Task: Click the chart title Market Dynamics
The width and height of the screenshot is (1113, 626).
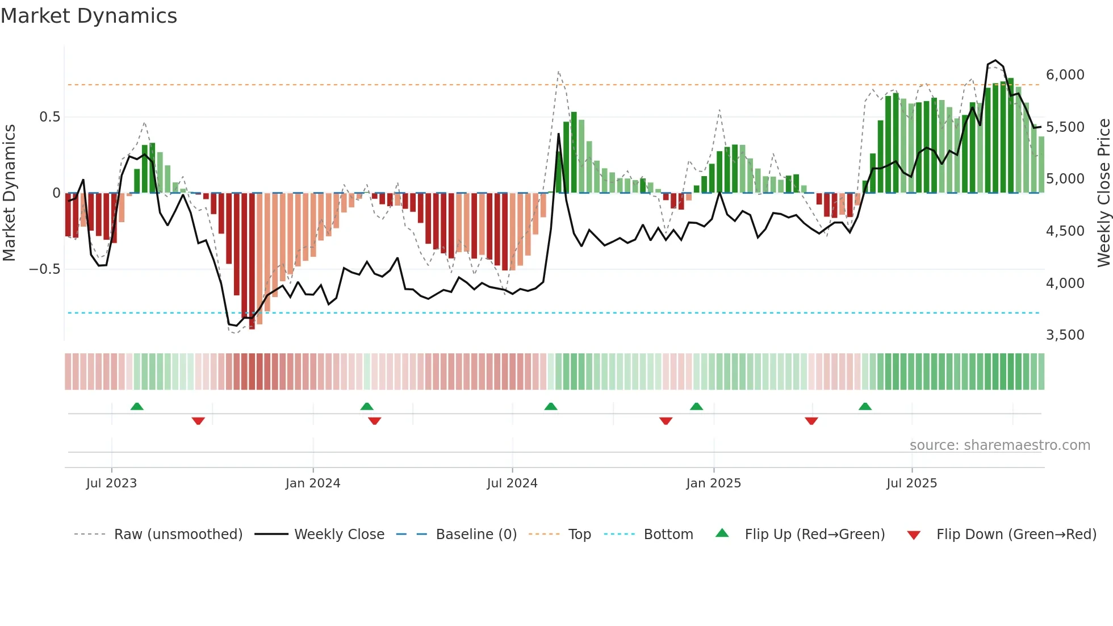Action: coord(89,16)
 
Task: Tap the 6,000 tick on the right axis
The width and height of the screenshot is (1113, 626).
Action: coord(1065,75)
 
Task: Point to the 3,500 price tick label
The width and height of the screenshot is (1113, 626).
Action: coord(1065,335)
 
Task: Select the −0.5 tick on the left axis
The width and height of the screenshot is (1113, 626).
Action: coord(45,269)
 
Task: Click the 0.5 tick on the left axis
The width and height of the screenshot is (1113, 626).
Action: coord(49,117)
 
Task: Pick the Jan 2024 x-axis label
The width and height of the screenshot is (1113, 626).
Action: coord(313,483)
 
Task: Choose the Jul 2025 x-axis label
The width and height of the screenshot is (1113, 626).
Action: coord(911,483)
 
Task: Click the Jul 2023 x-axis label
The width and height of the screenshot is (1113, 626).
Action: coord(111,483)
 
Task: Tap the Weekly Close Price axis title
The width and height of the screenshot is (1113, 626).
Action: coord(1103,193)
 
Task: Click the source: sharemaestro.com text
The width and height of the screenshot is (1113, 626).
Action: coord(999,445)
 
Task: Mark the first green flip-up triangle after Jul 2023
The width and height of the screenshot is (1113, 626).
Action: coord(137,406)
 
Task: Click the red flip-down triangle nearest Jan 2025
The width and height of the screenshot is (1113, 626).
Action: coord(666,421)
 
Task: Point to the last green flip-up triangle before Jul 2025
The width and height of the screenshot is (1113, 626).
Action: coord(865,406)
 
